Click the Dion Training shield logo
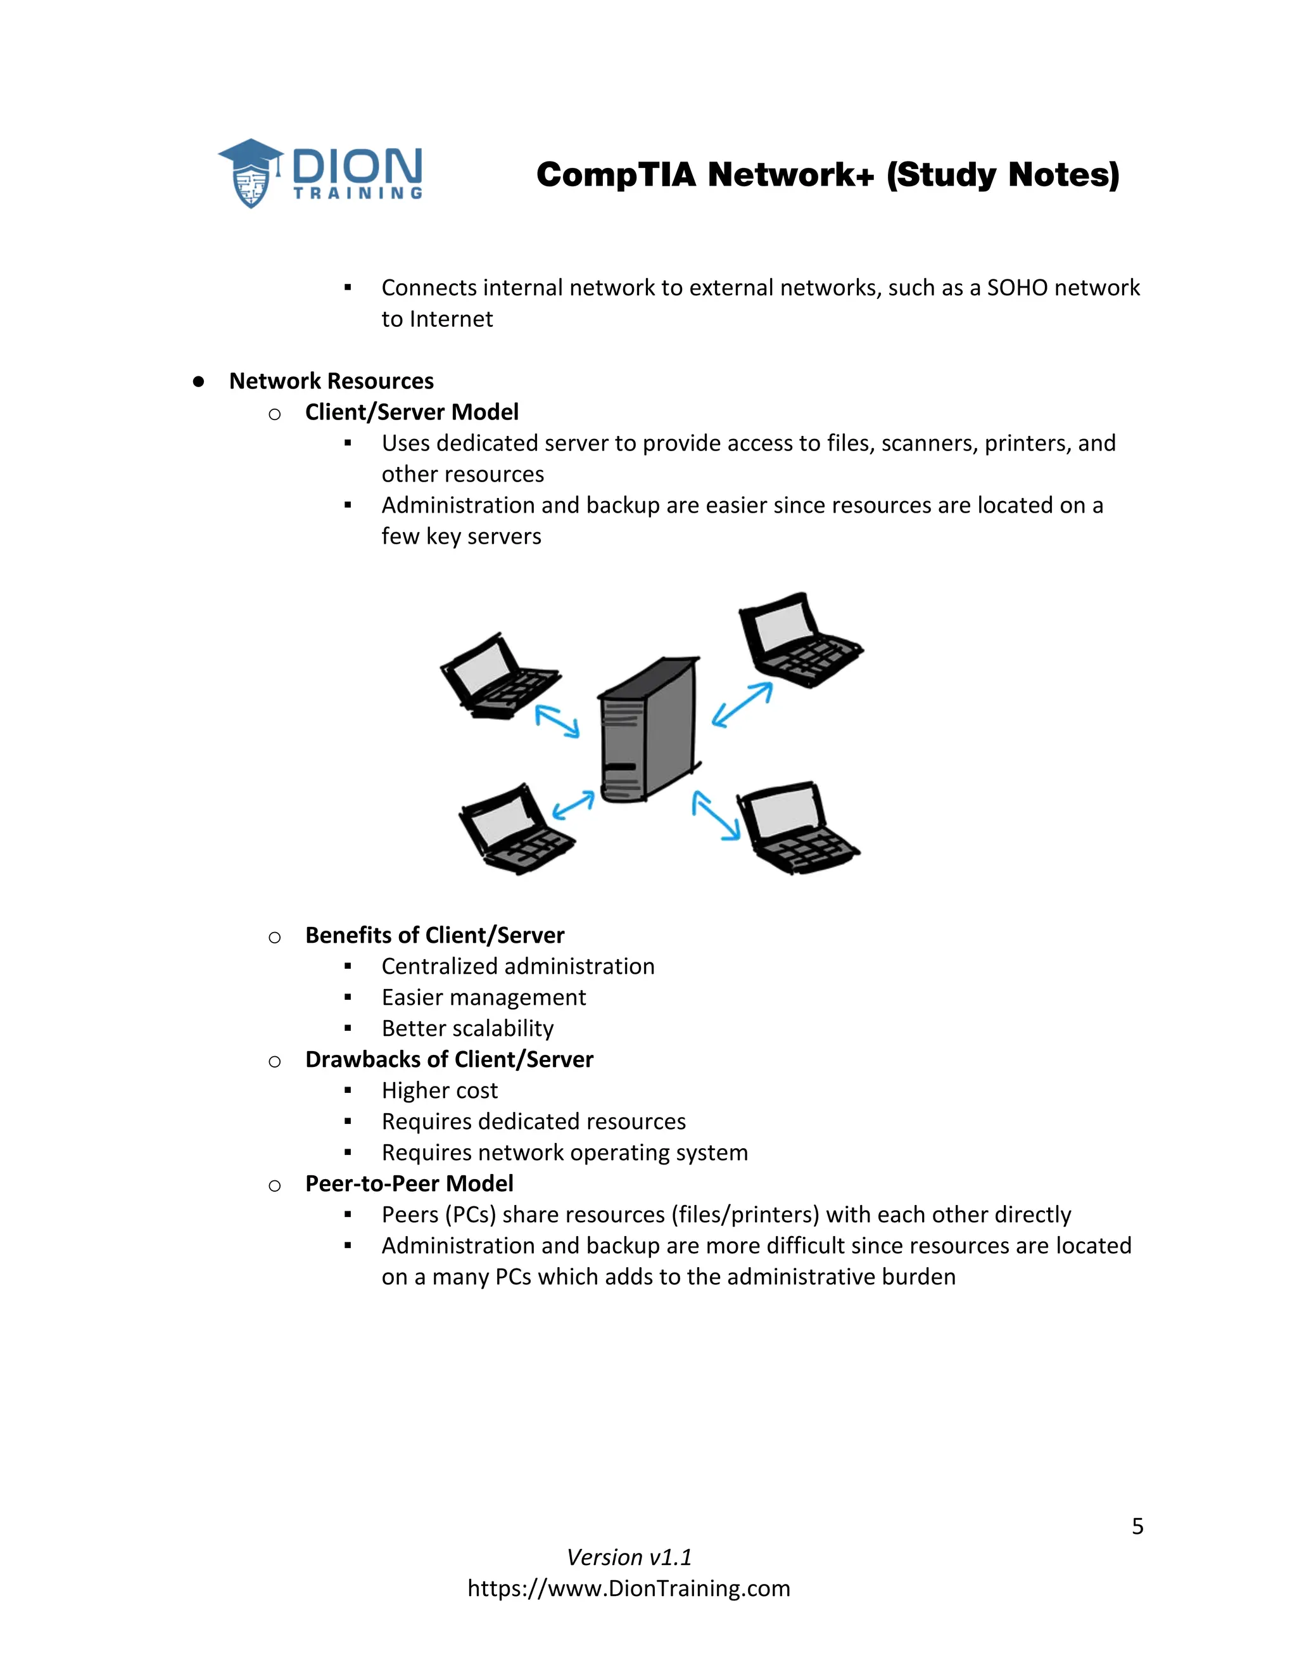[251, 174]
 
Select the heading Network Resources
[331, 381]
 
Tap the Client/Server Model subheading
[411, 412]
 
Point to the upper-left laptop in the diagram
[500, 677]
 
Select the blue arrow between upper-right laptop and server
[742, 704]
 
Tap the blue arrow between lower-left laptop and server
[573, 804]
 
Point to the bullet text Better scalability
[467, 1028]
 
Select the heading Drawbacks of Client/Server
[449, 1059]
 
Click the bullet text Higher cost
[440, 1091]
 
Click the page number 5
[1137, 1526]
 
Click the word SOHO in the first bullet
[1016, 288]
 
